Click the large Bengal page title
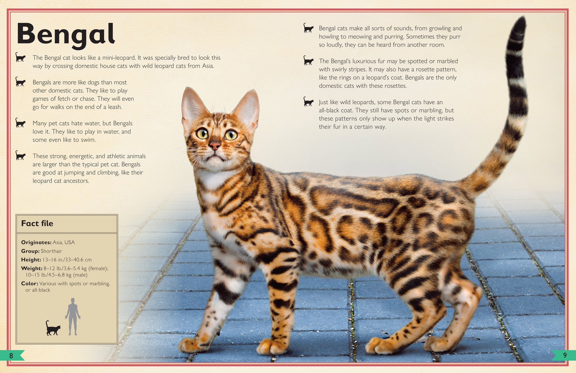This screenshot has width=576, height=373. (66, 35)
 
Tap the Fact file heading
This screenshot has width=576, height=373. (37, 223)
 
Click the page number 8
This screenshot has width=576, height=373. (11, 356)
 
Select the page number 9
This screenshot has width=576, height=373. (565, 355)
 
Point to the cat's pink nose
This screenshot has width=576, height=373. (215, 145)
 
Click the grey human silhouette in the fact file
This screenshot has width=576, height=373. (73, 317)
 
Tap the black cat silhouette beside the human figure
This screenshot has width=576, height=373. (53, 328)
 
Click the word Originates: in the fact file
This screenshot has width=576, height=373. (36, 242)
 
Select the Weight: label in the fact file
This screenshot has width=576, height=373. (32, 268)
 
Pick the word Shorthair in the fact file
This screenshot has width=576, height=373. (52, 251)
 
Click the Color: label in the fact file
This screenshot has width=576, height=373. (30, 283)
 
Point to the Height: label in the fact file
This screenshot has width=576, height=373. (31, 260)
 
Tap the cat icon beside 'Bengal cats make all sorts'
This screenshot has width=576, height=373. (308, 28)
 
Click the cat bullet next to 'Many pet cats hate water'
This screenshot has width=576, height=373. (20, 123)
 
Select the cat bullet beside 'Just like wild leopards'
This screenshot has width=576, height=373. (308, 102)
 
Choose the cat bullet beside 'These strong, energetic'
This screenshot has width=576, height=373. (20, 155)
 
